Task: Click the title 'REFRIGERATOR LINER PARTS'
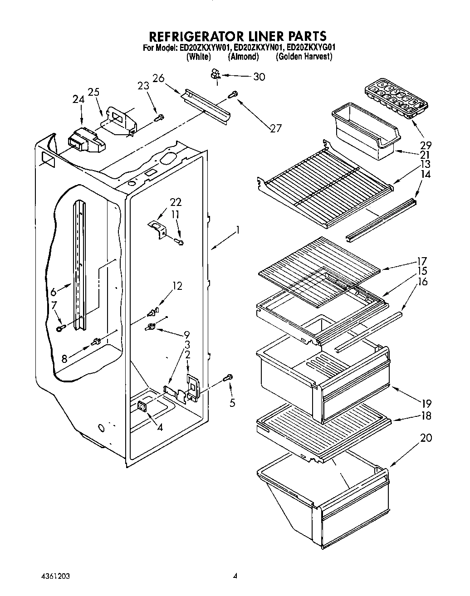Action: click(x=238, y=36)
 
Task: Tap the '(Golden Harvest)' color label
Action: click(x=304, y=57)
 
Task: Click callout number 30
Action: click(x=259, y=77)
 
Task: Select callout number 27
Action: click(x=275, y=128)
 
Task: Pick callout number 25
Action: click(x=94, y=92)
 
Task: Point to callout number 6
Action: click(x=53, y=292)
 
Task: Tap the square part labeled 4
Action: click(x=143, y=407)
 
